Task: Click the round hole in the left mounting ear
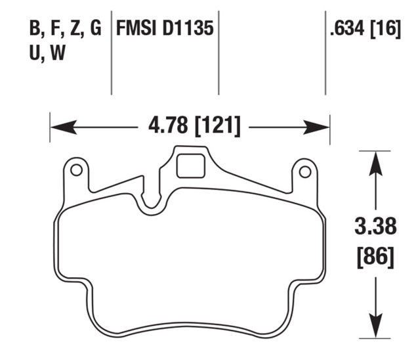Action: tap(76, 171)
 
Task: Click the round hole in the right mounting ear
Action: tap(304, 171)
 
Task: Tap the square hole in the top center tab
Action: tap(190, 164)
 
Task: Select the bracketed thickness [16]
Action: tap(388, 30)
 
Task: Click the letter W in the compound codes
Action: tap(58, 55)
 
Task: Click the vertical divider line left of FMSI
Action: tap(112, 53)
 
